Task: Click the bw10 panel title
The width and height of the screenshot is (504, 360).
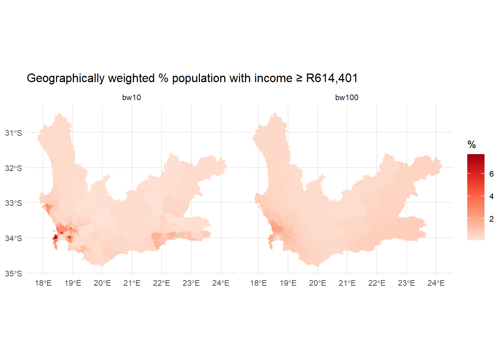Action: point(131,97)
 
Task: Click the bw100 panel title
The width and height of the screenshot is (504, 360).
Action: point(346,97)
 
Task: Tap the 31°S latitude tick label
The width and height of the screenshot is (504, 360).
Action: point(13,133)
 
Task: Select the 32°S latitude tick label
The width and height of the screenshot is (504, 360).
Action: point(13,168)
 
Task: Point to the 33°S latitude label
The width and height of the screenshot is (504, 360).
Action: point(13,203)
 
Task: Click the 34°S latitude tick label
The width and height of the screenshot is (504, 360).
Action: point(13,238)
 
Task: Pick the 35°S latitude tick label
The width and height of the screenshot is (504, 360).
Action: point(13,274)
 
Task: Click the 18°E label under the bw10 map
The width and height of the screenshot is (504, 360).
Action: point(43,283)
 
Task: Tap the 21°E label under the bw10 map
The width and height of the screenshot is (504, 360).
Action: point(132,283)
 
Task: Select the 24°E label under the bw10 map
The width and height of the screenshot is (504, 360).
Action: point(221,283)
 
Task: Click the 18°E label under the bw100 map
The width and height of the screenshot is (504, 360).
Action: point(258,283)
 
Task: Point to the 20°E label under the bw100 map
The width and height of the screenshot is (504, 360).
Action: point(318,283)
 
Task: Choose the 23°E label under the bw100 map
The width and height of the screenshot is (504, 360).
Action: point(406,283)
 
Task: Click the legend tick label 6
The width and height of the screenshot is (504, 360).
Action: point(492,174)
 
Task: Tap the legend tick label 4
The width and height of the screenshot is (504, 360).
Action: point(492,196)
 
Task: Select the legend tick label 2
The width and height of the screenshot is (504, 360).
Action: point(492,219)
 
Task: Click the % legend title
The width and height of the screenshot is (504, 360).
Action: point(472,145)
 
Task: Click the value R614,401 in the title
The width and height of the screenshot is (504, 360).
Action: point(332,78)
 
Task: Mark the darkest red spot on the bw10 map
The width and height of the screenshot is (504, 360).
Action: point(55,237)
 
